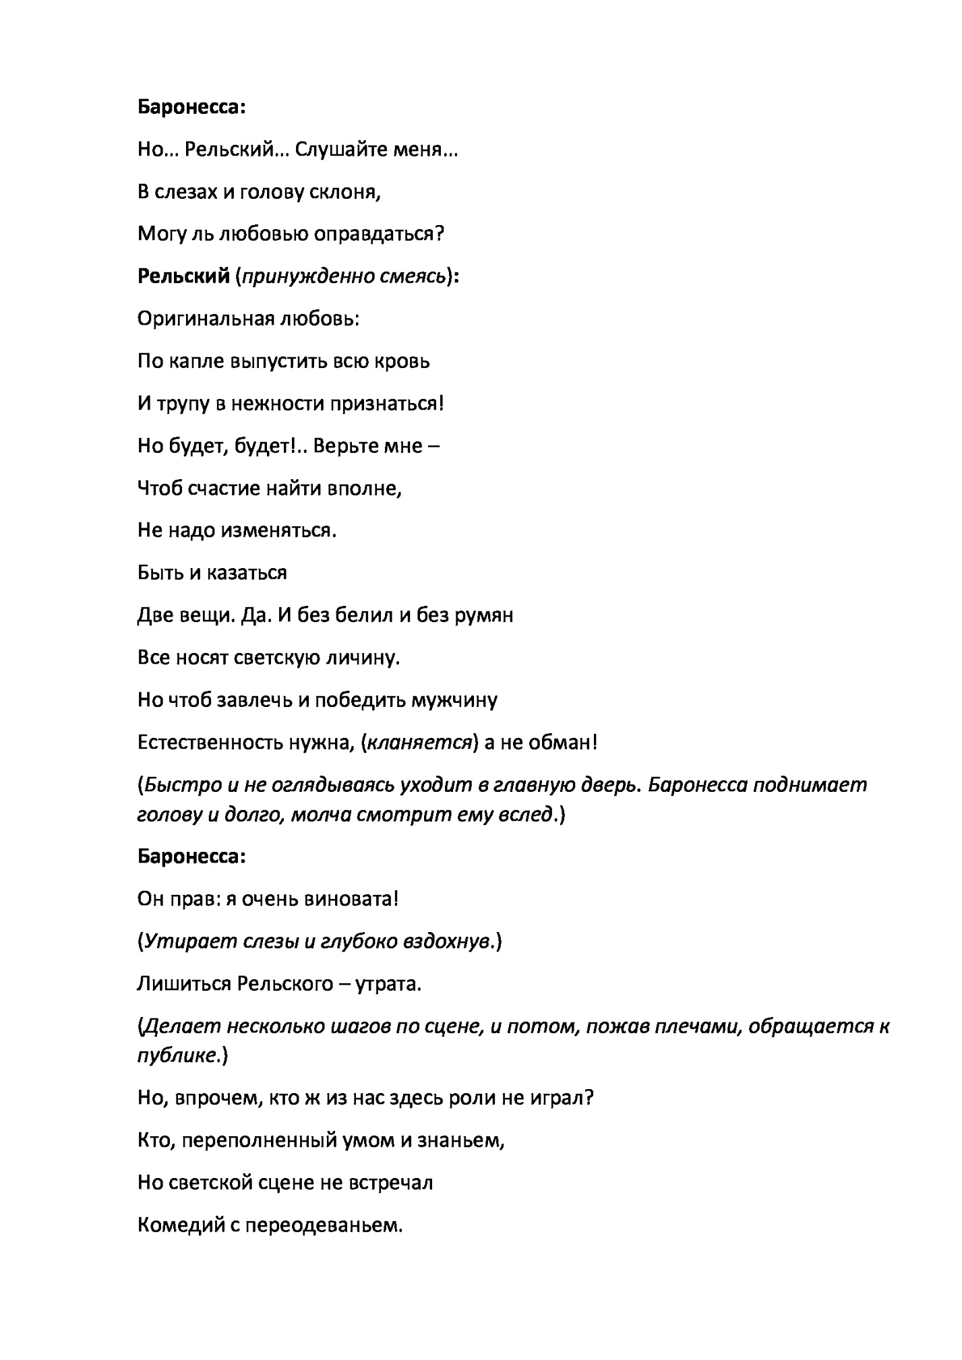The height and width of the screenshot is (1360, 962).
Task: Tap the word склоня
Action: (x=345, y=192)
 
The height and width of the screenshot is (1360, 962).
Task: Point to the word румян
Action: (x=483, y=615)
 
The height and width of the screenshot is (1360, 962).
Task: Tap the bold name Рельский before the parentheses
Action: (x=183, y=277)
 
